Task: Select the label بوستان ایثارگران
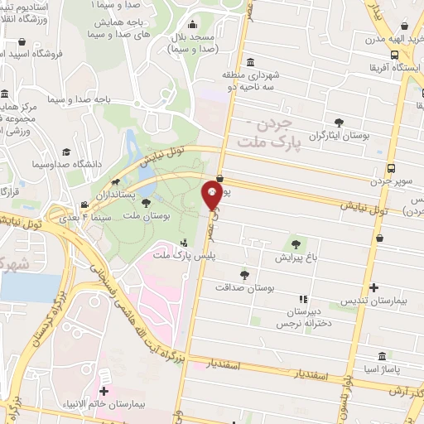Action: (339, 134)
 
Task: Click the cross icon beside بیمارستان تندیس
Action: (375, 288)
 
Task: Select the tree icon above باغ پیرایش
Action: (295, 243)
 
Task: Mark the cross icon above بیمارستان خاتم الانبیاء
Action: (104, 391)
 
